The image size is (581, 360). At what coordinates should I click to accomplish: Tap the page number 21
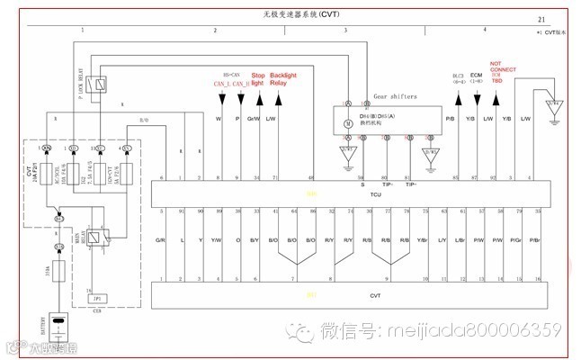[541, 18]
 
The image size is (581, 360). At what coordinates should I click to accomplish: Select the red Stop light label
[258, 79]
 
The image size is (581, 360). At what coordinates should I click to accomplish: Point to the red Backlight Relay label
[284, 79]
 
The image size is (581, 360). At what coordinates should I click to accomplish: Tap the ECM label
[477, 76]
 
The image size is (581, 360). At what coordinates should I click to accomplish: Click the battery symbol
[58, 321]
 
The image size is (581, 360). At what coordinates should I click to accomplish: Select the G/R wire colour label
[160, 239]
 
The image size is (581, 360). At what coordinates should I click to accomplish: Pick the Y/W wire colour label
[216, 239]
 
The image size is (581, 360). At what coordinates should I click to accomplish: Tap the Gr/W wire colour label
[255, 118]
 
